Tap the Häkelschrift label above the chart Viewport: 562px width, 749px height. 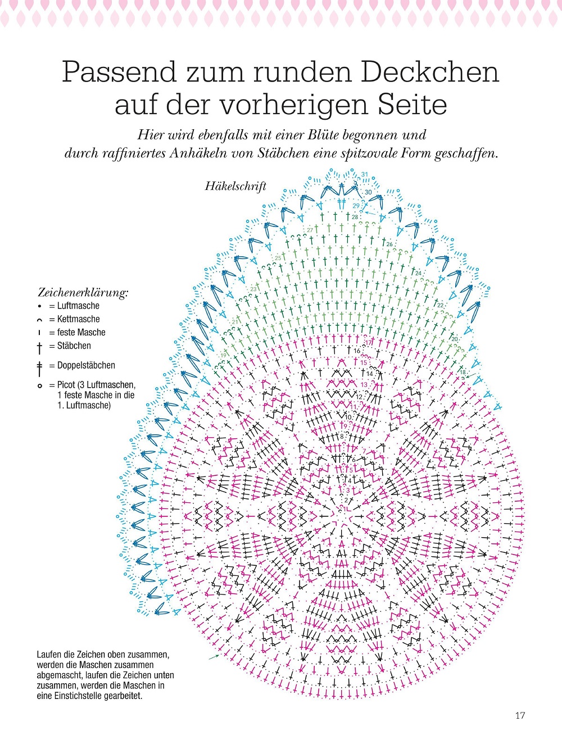click(x=235, y=187)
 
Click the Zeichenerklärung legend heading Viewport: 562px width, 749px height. click(x=83, y=292)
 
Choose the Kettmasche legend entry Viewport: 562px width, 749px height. click(x=78, y=319)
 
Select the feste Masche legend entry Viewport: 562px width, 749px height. click(x=81, y=333)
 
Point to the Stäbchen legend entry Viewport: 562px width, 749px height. click(x=74, y=346)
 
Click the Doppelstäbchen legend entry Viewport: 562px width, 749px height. click(x=86, y=365)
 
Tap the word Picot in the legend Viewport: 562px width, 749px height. click(x=67, y=385)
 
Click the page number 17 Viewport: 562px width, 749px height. click(x=520, y=715)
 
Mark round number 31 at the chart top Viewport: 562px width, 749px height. click(x=365, y=175)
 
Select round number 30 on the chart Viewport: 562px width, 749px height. click(x=368, y=192)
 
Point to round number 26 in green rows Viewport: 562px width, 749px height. click(x=389, y=244)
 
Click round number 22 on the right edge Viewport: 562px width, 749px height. click(x=441, y=305)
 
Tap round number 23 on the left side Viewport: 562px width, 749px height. click(x=253, y=289)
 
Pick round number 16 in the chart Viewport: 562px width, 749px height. click(x=357, y=351)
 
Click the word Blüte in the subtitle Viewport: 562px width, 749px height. click(x=323, y=135)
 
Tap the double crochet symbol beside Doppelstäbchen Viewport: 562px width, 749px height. click(x=39, y=368)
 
